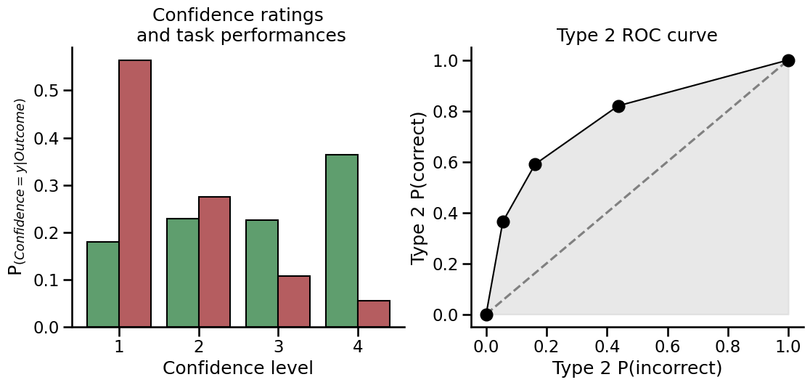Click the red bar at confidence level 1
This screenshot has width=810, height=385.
[x=135, y=193]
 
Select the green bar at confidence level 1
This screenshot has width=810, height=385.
[x=103, y=284]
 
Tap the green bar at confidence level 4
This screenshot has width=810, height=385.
[x=342, y=240]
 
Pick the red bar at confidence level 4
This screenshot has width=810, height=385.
[x=374, y=314]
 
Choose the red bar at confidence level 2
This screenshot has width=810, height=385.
[x=214, y=262]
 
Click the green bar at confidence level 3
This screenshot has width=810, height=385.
[x=262, y=273]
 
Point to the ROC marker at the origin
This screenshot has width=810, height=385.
[x=486, y=315]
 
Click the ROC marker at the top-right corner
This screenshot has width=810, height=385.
[x=788, y=60]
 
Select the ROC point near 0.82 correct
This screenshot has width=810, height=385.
[x=618, y=106]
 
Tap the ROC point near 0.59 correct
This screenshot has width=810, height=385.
[x=535, y=164]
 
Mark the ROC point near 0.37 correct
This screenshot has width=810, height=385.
[x=503, y=222]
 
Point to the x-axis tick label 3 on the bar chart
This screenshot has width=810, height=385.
[x=278, y=346]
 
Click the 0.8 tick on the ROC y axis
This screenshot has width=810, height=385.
[x=449, y=112]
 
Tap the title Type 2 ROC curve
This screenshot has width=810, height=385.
[x=637, y=36]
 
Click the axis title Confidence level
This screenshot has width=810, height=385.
[x=238, y=368]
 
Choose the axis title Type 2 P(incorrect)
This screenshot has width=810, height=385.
[x=637, y=368]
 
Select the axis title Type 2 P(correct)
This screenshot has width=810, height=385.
[x=419, y=188]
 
